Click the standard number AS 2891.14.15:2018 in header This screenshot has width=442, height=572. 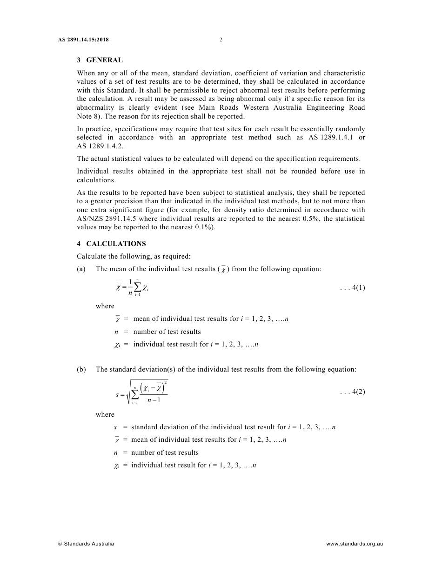point(83,40)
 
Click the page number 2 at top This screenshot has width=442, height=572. point(221,40)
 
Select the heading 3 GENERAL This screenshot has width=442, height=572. point(100,60)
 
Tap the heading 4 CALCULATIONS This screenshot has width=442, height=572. point(111,244)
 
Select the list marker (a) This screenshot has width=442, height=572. point(81,269)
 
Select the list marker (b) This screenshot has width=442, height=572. point(81,369)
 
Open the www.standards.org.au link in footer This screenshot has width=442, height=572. point(355,544)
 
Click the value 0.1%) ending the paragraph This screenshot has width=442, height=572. point(205,227)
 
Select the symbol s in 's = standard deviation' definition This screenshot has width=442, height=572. point(115,427)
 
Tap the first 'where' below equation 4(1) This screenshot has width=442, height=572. point(105,306)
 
